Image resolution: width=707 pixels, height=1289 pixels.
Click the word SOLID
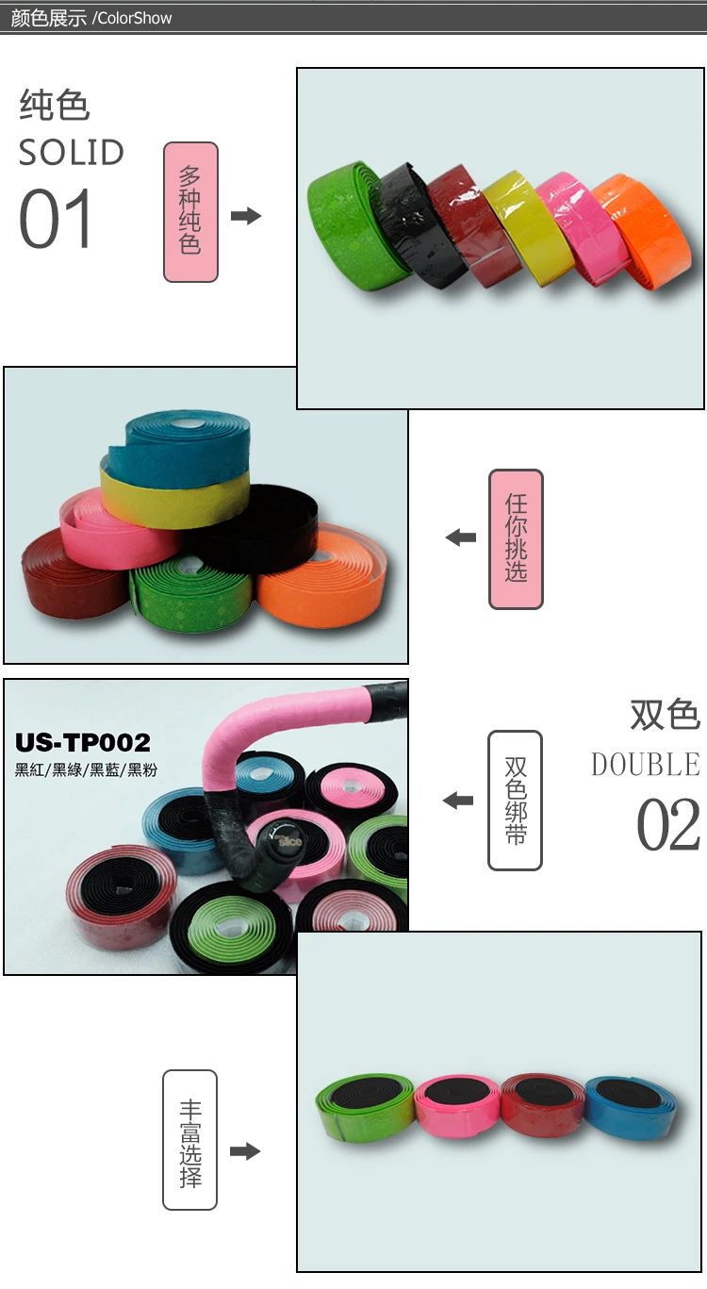tap(72, 153)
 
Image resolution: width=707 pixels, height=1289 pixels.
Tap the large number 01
tap(57, 220)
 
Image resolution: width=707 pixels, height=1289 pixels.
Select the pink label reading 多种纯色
tap(190, 212)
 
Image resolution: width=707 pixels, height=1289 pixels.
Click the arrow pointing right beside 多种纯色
tap(246, 216)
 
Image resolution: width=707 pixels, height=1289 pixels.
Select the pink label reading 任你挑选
tap(516, 538)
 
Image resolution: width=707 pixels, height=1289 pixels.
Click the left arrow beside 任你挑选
tap(461, 538)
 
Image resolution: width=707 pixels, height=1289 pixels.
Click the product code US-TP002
tap(83, 743)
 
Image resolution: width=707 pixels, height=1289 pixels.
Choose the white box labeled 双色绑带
tap(515, 801)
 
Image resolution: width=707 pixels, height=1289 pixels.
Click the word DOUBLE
tap(646, 764)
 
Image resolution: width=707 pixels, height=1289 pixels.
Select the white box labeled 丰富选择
tap(189, 1140)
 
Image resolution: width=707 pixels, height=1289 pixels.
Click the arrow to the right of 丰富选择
tap(245, 1151)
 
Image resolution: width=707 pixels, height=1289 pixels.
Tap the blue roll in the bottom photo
tap(632, 1106)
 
